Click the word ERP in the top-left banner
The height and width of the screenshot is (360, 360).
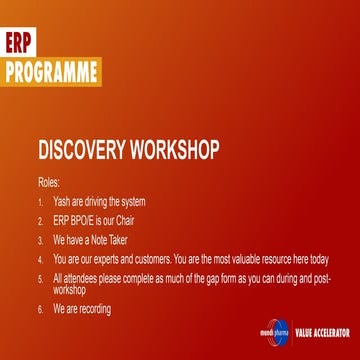coord(19,47)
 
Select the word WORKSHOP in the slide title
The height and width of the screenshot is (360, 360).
coord(181,151)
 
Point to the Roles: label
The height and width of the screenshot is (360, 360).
coord(49,183)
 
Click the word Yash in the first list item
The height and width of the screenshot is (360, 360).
coord(62,201)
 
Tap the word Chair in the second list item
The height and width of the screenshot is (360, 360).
coord(122,220)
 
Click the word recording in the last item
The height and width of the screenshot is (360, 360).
coord(93,309)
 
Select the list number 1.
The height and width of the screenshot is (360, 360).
coord(40,201)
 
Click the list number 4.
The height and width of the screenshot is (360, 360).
coord(40,258)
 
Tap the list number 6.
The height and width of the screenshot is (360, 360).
coord(40,309)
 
